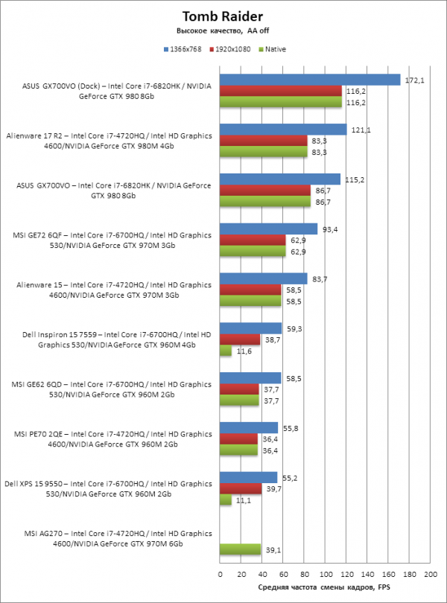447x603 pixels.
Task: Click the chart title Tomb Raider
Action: point(223,16)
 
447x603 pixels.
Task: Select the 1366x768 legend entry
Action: point(183,49)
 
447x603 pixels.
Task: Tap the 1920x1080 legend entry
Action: point(230,49)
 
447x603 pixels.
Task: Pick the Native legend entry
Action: point(273,49)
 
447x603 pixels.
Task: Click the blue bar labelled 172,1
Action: point(310,80)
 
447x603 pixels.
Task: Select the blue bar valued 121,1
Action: point(283,130)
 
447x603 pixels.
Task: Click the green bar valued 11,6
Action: point(226,351)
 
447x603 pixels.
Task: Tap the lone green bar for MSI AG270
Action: point(240,549)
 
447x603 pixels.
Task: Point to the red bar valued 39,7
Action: point(241,489)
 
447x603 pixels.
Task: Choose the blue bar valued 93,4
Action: point(269,229)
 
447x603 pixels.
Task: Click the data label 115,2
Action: point(355,180)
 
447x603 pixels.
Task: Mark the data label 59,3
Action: point(294,329)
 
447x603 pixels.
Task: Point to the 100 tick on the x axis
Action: point(326,575)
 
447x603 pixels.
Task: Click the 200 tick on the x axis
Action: point(431,575)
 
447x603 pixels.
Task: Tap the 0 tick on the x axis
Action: point(221,575)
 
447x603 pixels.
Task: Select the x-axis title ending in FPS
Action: point(324,587)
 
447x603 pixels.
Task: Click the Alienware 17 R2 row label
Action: point(109,141)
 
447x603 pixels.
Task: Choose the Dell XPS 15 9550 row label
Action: point(108,489)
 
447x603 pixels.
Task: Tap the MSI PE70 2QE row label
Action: point(112,439)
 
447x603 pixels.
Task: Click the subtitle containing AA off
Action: point(223,31)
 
